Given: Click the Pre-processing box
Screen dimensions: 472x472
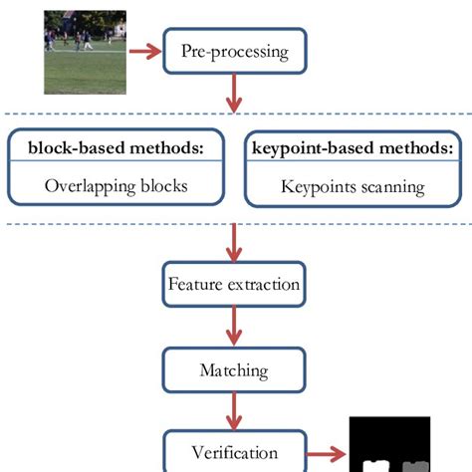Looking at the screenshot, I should click(233, 51).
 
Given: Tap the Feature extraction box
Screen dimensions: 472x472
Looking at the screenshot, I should click(233, 284).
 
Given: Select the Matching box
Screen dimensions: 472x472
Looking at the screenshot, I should click(233, 370).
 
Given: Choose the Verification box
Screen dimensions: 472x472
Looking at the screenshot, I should click(233, 453).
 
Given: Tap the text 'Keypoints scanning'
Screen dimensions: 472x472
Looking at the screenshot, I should click(353, 185).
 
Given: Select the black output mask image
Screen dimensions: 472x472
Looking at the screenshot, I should click(389, 443).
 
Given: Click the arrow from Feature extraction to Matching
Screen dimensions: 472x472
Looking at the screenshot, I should click(234, 327).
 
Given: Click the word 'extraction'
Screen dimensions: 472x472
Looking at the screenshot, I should click(266, 284).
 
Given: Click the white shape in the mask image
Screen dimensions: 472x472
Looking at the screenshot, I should click(375, 464).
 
